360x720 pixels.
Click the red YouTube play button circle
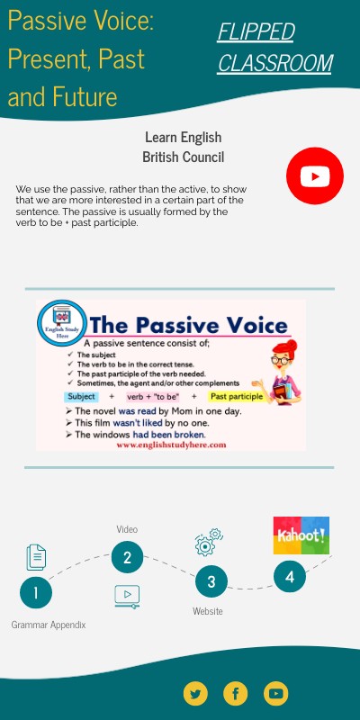pyautogui.click(x=315, y=175)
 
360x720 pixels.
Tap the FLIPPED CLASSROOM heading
pyautogui.click(x=274, y=48)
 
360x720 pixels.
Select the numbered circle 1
pyautogui.click(x=36, y=592)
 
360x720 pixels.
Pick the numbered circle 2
pyautogui.click(x=128, y=557)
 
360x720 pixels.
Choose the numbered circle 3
pyautogui.click(x=211, y=581)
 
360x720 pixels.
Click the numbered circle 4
pyautogui.click(x=290, y=577)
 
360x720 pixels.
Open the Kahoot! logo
pyautogui.click(x=301, y=535)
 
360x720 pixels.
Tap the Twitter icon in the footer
pyautogui.click(x=195, y=693)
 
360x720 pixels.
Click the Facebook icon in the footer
pyautogui.click(x=235, y=693)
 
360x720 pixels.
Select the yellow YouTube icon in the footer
pyautogui.click(x=275, y=693)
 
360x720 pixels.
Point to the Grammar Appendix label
pyautogui.click(x=49, y=625)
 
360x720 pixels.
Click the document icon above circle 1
pyautogui.click(x=36, y=557)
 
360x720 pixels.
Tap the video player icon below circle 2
pyautogui.click(x=127, y=595)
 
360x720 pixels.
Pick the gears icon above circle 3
pyautogui.click(x=208, y=543)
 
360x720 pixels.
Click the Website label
pyautogui.click(x=208, y=611)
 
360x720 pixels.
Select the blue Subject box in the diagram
pyautogui.click(x=82, y=397)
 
